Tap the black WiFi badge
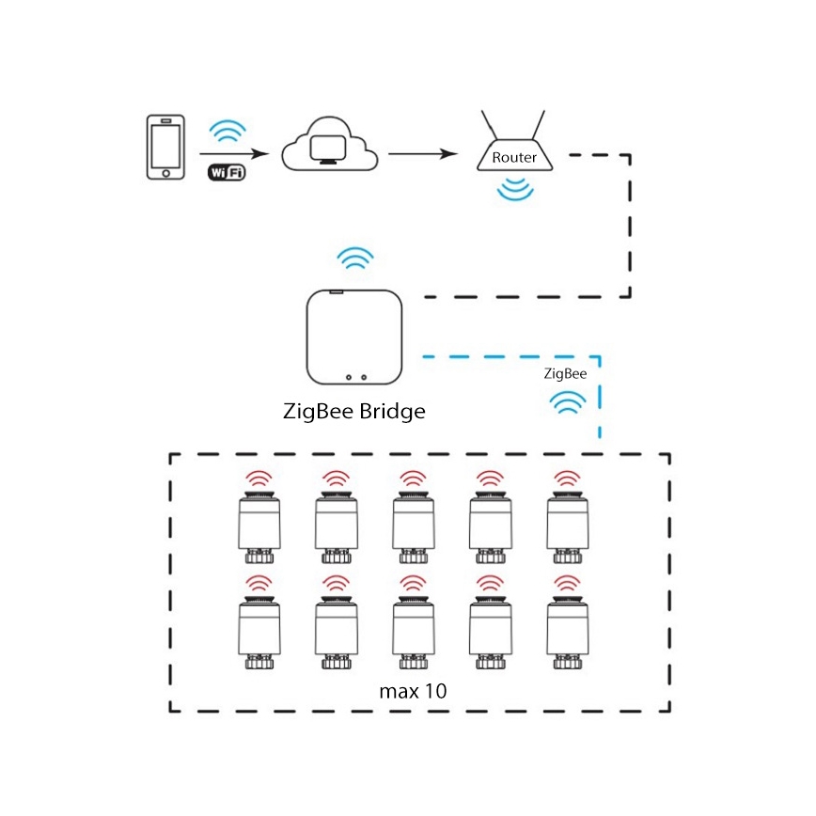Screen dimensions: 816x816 [x=226, y=172]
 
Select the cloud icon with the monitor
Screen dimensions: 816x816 [x=330, y=146]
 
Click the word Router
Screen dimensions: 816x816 [x=514, y=157]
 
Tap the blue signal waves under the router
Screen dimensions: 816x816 [x=514, y=190]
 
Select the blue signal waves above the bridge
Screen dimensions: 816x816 [x=355, y=258]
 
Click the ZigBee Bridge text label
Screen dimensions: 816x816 [x=354, y=411]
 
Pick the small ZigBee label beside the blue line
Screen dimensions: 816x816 [x=566, y=373]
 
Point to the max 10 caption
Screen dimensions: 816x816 [x=413, y=691]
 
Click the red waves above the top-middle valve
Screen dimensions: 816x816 [x=413, y=479]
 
